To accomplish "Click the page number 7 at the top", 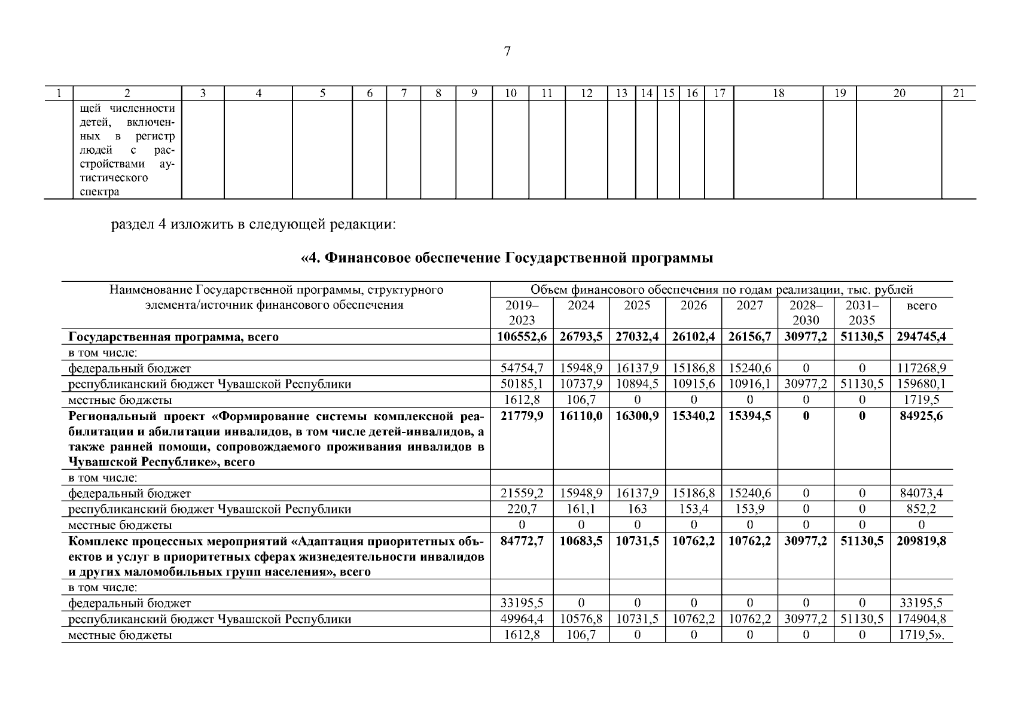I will coord(507,52).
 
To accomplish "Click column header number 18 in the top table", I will coord(778,93).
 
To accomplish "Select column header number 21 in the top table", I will coord(958,93).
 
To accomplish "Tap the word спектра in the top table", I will coord(99,191).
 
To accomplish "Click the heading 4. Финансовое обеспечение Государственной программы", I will coord(507,258).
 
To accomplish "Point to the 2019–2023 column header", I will coord(522,313).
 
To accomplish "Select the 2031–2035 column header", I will coord(862,313).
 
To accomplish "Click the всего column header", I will coord(921,306).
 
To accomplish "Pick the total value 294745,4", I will coord(921,337).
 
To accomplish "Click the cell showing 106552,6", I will coord(522,337).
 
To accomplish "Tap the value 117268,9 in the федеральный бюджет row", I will coord(921,369).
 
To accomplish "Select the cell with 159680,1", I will coord(921,384).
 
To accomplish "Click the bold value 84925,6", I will coord(921,416).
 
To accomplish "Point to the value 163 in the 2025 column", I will coord(637,509).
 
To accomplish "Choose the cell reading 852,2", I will coord(921,509).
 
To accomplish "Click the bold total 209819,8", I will coord(921,541).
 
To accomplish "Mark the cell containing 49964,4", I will coord(522,619).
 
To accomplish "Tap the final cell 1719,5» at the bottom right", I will coord(921,635).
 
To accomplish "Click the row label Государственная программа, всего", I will coord(173,337).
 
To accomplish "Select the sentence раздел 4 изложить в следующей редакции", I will coord(254,226).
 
